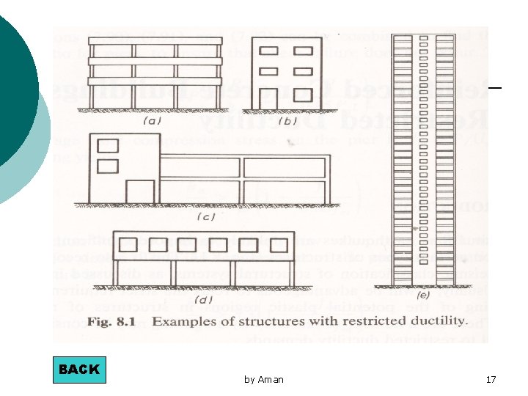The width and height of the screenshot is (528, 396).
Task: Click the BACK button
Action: pos(79,370)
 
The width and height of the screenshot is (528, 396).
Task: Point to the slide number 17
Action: pos(491,379)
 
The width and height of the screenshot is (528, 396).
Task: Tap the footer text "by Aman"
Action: pos(263,379)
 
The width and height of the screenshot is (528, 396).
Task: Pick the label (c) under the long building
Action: pos(208,216)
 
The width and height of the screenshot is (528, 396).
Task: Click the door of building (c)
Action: pos(139,191)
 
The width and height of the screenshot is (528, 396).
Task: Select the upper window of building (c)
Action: pos(108,146)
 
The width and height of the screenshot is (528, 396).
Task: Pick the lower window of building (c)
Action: pos(108,165)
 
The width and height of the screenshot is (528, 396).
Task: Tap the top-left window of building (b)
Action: pos(268,51)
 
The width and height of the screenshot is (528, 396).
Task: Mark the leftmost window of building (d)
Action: pos(128,245)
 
